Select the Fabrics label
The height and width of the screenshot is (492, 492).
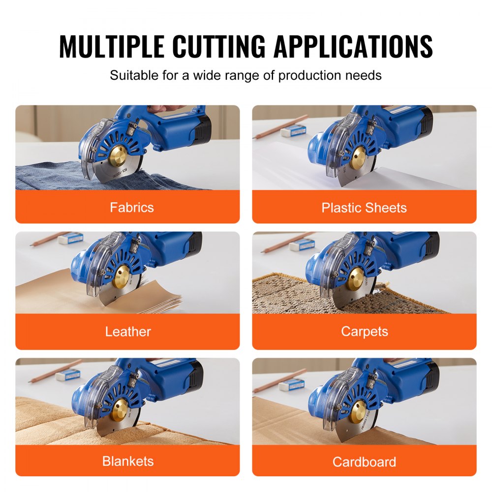point(132,207)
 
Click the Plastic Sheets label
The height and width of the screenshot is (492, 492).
point(364,208)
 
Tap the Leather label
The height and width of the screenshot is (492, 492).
point(128,332)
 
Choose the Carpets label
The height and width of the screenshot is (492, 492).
point(364,332)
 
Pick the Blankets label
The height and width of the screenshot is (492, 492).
point(128,461)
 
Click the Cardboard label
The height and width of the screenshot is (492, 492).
point(364,462)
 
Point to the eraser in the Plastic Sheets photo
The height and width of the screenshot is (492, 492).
point(294,130)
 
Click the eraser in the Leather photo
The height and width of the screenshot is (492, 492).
point(70,239)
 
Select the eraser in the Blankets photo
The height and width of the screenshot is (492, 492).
point(68,375)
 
